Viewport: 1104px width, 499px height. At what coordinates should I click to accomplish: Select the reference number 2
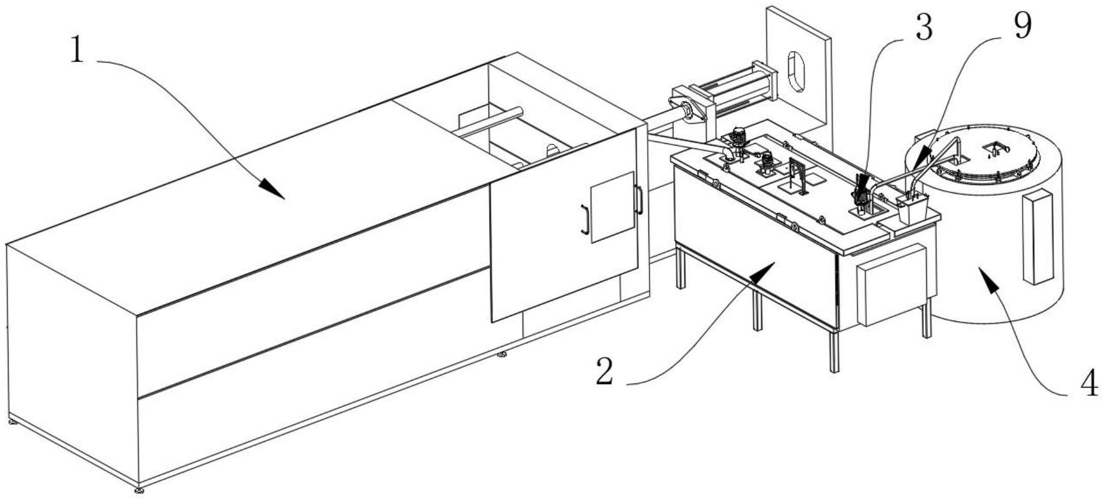pos(605,371)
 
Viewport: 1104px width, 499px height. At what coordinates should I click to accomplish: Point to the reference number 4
pos(1088,384)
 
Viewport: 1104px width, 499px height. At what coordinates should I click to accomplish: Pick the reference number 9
pos(1023,27)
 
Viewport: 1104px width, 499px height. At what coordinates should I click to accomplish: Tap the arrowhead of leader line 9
pos(919,159)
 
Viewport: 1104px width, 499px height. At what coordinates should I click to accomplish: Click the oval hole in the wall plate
pos(795,70)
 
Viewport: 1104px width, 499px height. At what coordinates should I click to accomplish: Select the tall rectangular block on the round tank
pos(1038,237)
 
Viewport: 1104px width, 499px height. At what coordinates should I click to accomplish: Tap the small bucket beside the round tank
pos(912,208)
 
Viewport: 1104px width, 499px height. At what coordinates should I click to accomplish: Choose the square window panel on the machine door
pos(613,207)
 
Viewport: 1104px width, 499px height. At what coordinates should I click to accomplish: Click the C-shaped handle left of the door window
pos(584,220)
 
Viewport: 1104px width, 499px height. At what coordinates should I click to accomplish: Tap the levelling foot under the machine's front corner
pos(139,491)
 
